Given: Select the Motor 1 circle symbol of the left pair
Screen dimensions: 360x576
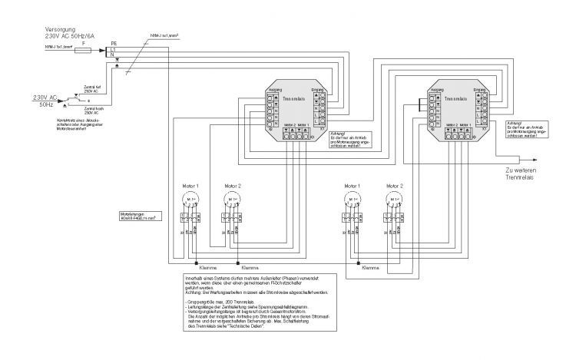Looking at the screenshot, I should coord(186,200).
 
